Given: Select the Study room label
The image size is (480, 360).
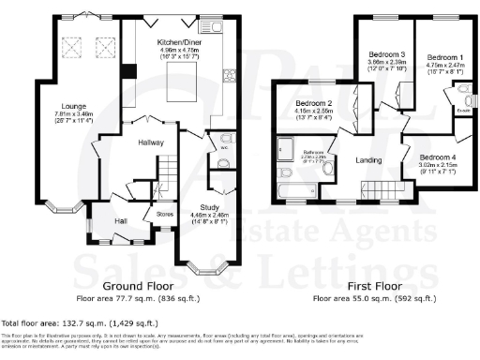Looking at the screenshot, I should [210, 207].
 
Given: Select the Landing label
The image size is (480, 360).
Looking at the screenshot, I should [367, 161].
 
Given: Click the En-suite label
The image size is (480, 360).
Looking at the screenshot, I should [460, 112].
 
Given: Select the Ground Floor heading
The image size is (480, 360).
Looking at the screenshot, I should [135, 284].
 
